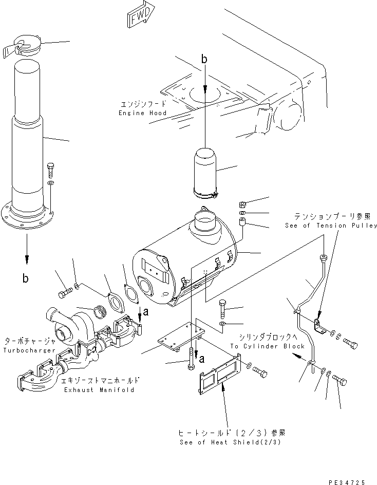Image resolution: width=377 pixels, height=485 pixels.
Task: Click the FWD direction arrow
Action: [138, 15]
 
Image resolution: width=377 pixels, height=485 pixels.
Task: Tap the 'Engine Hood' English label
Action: [142, 113]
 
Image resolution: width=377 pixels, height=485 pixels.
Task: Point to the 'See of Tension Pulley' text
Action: [331, 226]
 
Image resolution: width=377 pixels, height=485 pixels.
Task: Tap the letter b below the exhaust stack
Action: [25, 278]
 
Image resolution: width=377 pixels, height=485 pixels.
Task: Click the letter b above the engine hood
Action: [204, 60]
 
